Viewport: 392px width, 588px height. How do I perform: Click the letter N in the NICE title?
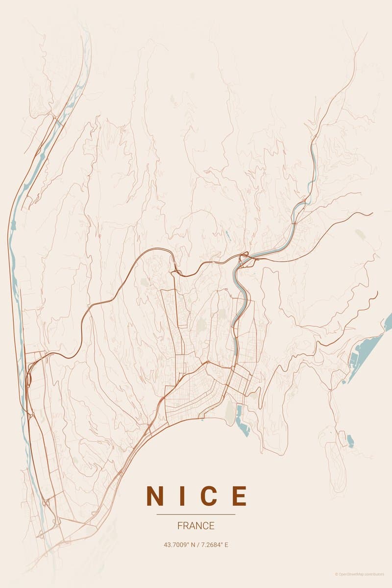point(155,496)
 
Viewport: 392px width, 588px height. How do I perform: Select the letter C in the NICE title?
point(208,496)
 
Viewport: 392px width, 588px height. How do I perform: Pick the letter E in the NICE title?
point(238,496)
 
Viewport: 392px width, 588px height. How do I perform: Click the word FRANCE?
point(196,526)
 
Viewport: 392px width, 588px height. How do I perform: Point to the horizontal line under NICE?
point(196,514)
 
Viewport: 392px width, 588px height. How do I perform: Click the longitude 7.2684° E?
point(214,544)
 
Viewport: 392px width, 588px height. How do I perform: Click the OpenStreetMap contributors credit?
point(363,574)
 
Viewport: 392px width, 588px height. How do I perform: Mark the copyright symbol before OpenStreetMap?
point(337,574)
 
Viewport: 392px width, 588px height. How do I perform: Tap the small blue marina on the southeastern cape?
point(350,441)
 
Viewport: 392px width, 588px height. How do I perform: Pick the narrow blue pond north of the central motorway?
point(228,236)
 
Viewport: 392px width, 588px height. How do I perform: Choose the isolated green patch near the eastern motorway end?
point(360,235)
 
